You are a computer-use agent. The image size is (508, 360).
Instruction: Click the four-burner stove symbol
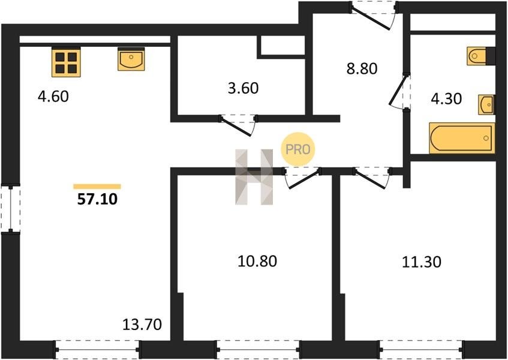point(66,62)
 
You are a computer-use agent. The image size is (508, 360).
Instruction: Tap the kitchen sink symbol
point(131,59)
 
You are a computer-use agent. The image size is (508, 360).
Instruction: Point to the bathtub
point(462,138)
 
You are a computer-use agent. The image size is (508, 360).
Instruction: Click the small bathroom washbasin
point(486,104)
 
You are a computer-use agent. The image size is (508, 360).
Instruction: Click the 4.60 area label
point(53,97)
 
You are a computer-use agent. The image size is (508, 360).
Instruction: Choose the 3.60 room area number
point(243,88)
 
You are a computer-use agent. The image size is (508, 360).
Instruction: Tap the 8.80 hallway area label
point(362,68)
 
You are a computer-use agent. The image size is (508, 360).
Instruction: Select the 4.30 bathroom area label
point(446,98)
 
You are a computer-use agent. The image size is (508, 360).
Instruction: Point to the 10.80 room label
point(257,261)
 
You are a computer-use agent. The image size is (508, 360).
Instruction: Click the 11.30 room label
point(422,262)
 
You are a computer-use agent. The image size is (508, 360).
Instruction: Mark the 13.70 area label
point(142,325)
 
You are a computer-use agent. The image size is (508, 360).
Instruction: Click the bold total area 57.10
point(97,199)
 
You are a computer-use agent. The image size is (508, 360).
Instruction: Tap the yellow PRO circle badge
point(297,149)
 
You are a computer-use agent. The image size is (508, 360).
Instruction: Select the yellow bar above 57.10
point(97,187)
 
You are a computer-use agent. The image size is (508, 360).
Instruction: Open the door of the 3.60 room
point(238,125)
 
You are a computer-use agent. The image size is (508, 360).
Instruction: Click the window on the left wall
point(10,208)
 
